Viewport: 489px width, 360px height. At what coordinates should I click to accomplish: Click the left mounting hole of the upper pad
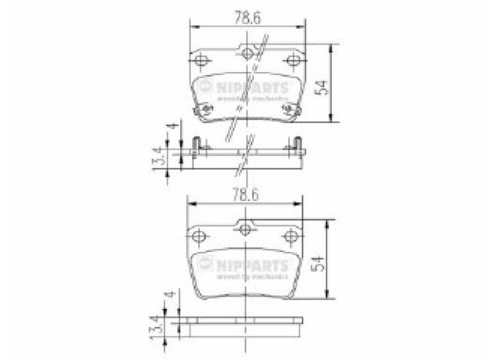[x=201, y=61]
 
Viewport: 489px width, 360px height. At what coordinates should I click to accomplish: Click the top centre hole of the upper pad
[x=248, y=52]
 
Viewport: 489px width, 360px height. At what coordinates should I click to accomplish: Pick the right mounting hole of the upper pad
[x=293, y=61]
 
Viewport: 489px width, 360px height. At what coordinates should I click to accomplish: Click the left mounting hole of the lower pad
[x=199, y=236]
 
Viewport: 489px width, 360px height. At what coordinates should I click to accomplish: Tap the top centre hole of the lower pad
[x=245, y=228]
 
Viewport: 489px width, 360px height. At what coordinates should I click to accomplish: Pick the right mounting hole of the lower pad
[x=291, y=236]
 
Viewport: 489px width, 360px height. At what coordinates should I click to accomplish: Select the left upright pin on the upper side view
[x=196, y=145]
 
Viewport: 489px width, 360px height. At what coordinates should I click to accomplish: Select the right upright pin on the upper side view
[x=297, y=145]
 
